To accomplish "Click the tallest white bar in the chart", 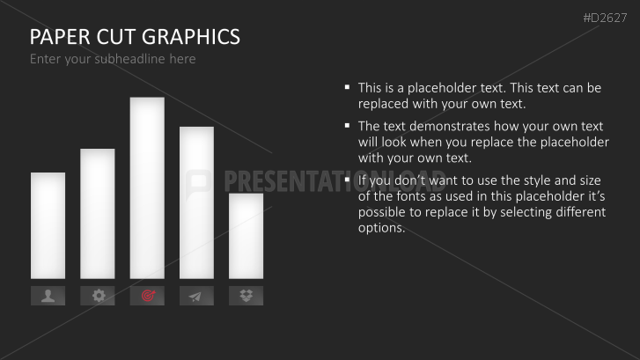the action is pos(147,187).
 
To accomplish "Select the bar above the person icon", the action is pos(48,225).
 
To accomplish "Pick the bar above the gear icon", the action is pos(98,214).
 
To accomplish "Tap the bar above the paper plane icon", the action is pos(196,202).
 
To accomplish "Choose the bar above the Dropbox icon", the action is pos(246,236).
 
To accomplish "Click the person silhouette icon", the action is pos(48,296).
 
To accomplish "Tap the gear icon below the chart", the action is pos(98,296).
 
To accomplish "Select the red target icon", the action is pos(148,296).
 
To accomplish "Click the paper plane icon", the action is pos(195,297).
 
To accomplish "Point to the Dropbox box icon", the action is pos(246,296).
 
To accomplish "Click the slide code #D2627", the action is pos(605,18).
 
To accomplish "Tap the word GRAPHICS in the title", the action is pos(191,37).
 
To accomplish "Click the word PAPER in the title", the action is pos(60,37).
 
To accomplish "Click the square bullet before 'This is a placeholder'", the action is pos(348,86).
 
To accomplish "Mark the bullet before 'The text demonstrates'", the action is pos(348,125).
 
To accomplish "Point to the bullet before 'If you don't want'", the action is pos(348,180).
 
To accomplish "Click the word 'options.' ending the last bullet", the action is pos(382,228).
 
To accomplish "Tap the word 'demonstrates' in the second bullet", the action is pos(450,126).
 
